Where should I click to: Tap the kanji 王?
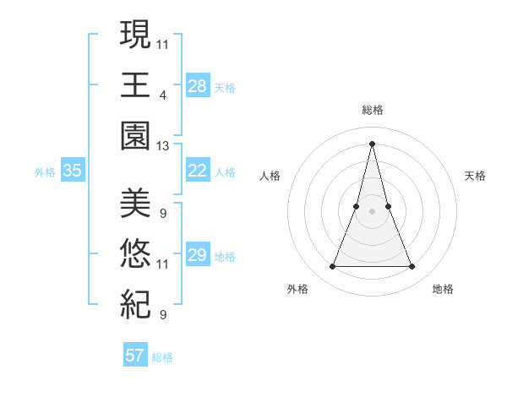click(x=135, y=85)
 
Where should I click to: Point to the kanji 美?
click(x=135, y=203)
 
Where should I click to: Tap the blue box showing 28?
click(x=198, y=85)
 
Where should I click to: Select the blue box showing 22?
click(x=198, y=171)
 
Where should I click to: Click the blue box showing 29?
click(x=198, y=255)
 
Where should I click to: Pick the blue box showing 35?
click(x=73, y=171)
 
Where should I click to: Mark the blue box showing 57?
click(x=135, y=356)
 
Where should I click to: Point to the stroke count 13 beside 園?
click(x=163, y=146)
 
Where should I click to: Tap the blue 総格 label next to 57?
click(x=162, y=357)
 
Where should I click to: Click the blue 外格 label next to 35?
click(x=45, y=172)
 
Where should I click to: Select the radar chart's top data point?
click(x=372, y=143)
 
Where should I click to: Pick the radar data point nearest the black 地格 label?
click(x=412, y=267)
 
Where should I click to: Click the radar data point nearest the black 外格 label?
click(x=332, y=267)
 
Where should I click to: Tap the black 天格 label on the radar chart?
click(x=475, y=176)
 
